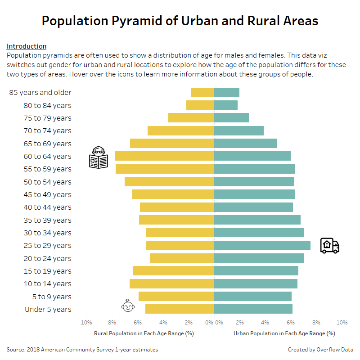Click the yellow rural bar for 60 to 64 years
164,156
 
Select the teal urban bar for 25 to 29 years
262,245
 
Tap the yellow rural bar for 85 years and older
202,92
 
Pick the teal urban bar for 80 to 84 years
226,105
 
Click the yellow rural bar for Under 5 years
180,309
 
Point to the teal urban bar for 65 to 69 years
245,144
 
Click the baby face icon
128,306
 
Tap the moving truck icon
329,246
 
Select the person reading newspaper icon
99,158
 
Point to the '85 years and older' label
40,92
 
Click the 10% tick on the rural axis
86,323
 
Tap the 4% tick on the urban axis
265,323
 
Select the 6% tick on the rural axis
138,323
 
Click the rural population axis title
144,333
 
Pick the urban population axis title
284,333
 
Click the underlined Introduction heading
27,46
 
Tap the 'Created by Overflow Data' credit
320,349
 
